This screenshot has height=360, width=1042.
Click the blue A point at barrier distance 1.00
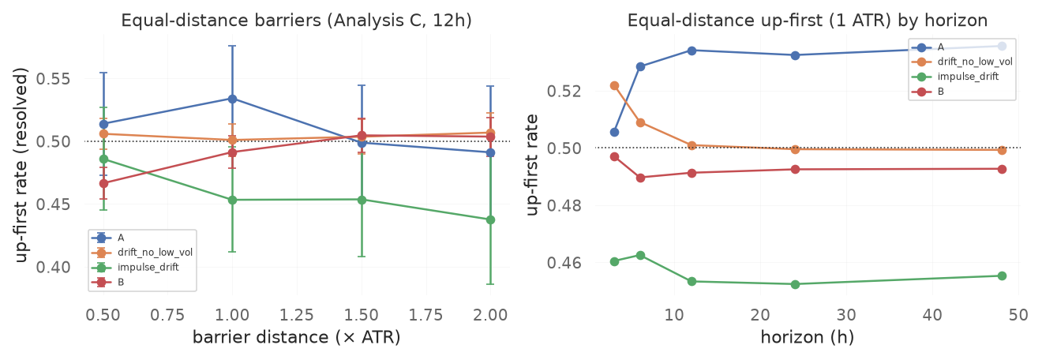[233, 99]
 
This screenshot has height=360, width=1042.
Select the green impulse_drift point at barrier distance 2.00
[490, 220]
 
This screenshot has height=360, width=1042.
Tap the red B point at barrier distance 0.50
[103, 184]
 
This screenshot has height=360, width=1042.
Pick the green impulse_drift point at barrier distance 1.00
[233, 200]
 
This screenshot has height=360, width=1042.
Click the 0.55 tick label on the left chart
[54, 79]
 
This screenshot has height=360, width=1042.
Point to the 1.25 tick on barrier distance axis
[297, 315]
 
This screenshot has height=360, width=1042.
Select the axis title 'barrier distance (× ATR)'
[296, 337]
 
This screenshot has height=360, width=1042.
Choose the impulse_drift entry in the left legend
[148, 267]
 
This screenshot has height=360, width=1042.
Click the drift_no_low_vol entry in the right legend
[975, 62]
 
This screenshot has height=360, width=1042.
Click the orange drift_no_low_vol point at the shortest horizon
[614, 85]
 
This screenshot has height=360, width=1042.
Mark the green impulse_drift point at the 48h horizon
[1002, 276]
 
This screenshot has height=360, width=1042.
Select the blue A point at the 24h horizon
[796, 55]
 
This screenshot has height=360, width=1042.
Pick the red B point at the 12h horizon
[692, 173]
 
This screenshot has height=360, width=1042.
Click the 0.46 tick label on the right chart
[564, 263]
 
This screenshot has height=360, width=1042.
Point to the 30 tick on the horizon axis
[846, 315]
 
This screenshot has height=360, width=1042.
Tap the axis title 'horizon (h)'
[808, 337]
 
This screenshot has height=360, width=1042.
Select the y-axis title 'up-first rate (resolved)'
[21, 165]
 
